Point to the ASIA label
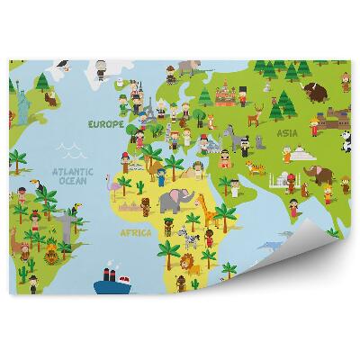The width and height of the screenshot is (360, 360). (x=286, y=133)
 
